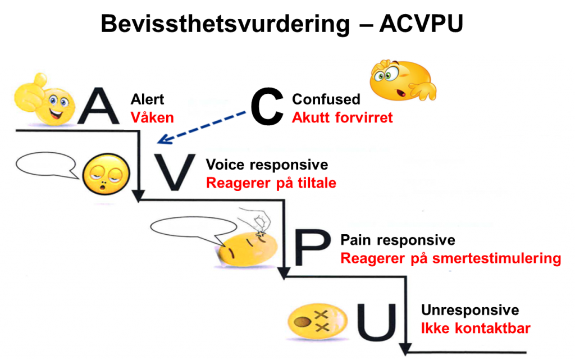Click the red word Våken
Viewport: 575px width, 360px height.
point(152,117)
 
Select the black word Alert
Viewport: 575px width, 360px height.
point(147,99)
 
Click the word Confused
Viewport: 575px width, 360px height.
point(326,99)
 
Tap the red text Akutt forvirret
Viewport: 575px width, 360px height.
point(343,118)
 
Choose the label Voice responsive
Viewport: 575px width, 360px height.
point(267,165)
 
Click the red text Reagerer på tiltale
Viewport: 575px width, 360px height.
point(271,183)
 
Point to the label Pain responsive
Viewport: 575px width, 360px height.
point(398,240)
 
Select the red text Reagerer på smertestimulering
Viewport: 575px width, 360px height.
point(450,258)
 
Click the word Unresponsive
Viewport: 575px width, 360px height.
point(470,311)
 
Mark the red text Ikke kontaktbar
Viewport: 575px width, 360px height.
point(476,329)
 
